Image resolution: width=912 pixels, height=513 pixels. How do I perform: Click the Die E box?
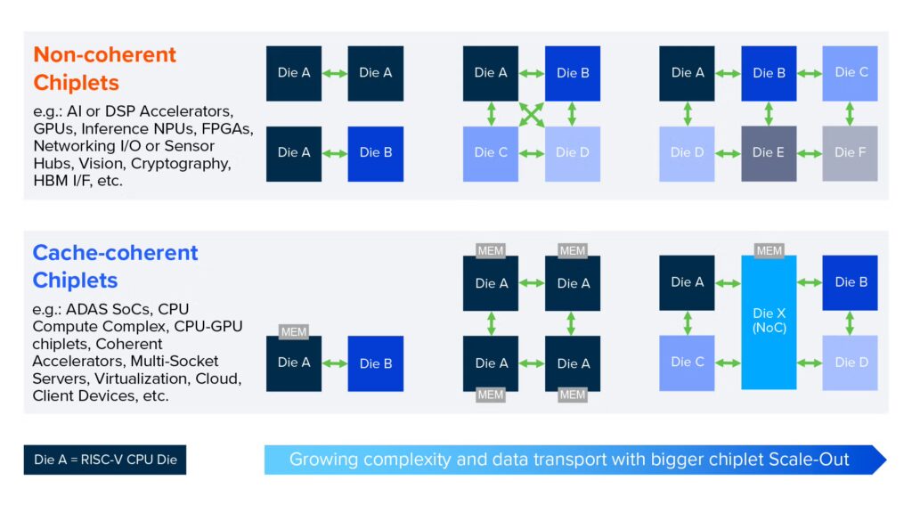769,153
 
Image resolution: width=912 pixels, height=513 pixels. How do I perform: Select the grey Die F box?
850,153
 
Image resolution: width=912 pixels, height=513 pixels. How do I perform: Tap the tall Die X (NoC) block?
769,322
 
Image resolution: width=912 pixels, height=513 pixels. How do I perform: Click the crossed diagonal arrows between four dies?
532,113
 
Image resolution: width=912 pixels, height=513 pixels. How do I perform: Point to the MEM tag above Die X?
769,250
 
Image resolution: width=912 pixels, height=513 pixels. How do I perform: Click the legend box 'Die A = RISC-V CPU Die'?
104,460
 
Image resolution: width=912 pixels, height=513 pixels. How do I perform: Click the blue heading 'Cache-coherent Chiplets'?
115,266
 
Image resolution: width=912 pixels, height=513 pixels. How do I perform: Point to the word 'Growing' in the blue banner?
321,460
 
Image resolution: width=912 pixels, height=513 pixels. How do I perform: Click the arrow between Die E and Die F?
810,153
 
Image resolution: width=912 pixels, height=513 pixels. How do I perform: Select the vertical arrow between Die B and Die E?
769,113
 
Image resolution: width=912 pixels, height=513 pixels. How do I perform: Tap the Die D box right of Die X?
850,362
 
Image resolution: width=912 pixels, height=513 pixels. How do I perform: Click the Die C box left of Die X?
687,362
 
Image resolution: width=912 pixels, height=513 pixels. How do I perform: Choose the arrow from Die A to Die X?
728,282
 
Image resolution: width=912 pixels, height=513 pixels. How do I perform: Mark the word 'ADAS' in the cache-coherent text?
86,309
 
